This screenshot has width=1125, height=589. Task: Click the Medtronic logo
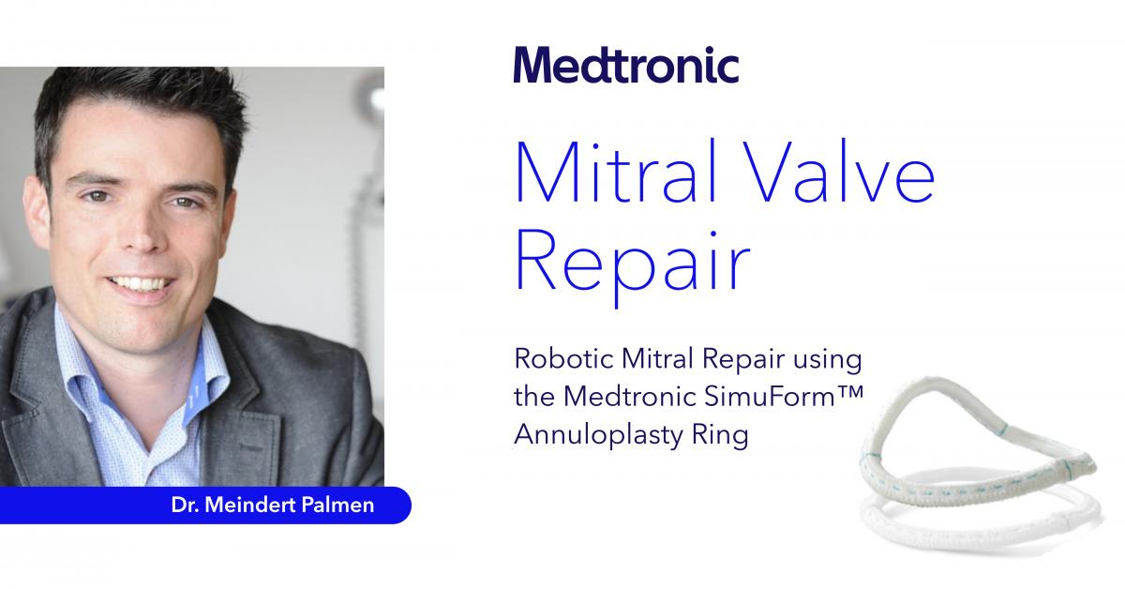pos(626,65)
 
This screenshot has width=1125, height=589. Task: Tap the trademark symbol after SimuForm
pos(850,390)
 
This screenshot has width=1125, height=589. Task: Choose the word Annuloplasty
pos(599,435)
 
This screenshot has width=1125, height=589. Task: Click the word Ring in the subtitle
pos(720,435)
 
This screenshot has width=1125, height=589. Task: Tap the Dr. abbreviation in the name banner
pos(186,506)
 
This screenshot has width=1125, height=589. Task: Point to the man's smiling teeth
pos(141,284)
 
